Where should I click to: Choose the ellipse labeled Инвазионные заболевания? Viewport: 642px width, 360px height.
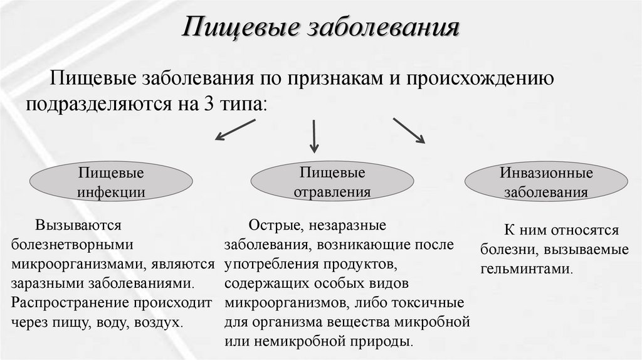(546, 182)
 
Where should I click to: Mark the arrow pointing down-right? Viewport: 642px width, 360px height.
(409, 130)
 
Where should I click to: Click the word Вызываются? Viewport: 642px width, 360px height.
(78, 225)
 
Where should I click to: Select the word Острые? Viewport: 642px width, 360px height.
(267, 225)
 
